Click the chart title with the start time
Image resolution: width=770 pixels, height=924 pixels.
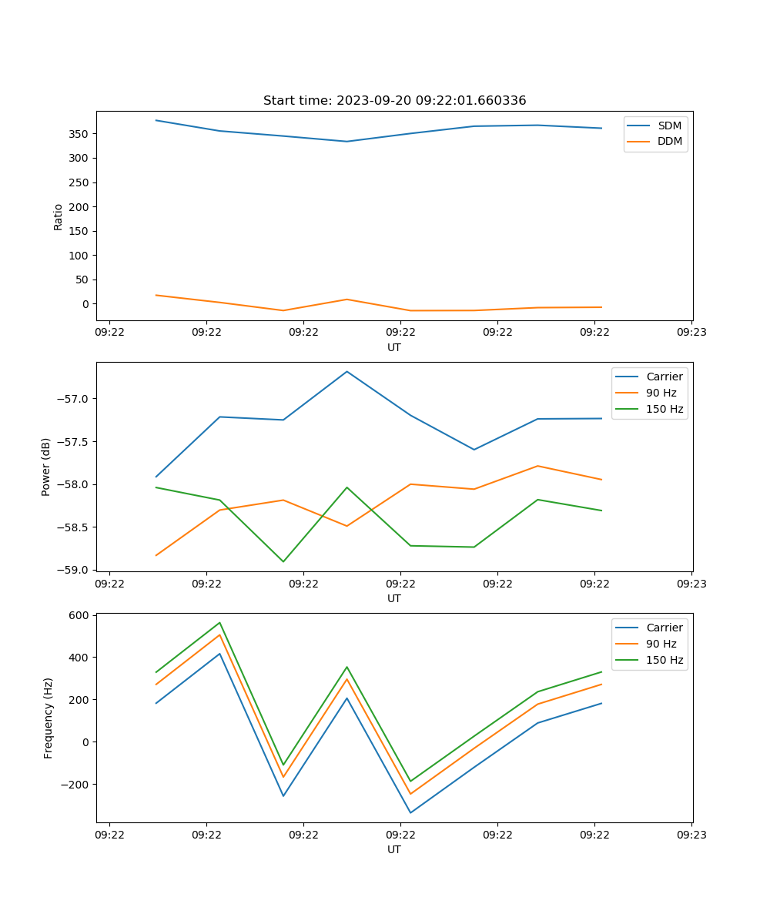click(x=394, y=101)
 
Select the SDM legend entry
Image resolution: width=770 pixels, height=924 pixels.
click(x=669, y=126)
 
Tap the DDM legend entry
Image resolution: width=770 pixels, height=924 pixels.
click(x=669, y=142)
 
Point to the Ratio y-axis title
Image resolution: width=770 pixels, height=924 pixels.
click(x=59, y=216)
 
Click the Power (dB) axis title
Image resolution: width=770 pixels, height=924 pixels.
click(x=46, y=467)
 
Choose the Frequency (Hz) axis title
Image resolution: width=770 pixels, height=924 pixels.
click(x=48, y=718)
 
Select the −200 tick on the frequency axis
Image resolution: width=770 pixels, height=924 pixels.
click(x=75, y=785)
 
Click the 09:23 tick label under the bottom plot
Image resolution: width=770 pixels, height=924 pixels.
click(x=691, y=835)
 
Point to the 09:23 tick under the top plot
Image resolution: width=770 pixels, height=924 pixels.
click(x=691, y=333)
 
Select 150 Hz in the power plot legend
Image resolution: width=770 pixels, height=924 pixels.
click(x=665, y=410)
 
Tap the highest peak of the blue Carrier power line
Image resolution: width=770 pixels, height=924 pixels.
click(x=346, y=371)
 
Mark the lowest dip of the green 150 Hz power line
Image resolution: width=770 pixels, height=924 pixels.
click(x=283, y=561)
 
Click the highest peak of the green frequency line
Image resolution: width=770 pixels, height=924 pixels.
click(x=219, y=622)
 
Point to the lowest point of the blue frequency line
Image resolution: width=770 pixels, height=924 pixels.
click(x=410, y=812)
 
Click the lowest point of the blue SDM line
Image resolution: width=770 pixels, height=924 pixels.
click(x=346, y=142)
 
